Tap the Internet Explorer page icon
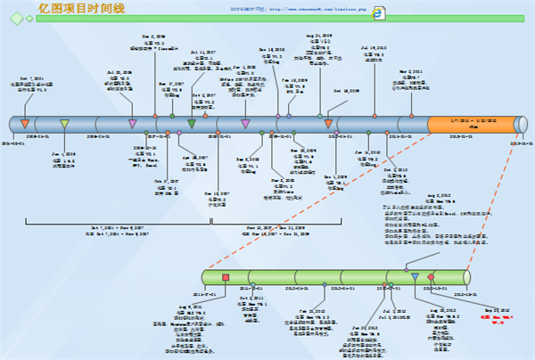(x=379, y=13)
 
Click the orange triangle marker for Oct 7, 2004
(x=25, y=124)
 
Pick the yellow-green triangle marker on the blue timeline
(x=64, y=124)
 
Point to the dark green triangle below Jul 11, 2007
(x=192, y=124)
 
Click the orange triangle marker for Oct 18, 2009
(x=329, y=124)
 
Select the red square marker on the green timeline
(x=226, y=277)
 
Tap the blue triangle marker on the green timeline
(x=415, y=277)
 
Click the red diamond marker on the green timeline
(x=432, y=277)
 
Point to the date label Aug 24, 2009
(x=318, y=36)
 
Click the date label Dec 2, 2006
(x=154, y=37)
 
